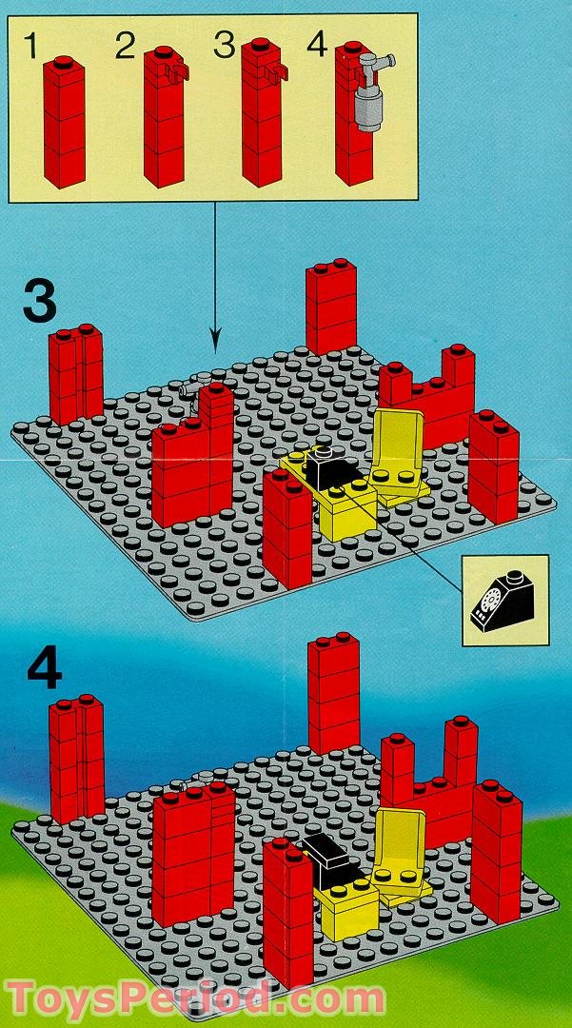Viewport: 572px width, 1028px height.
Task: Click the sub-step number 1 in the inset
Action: point(33,47)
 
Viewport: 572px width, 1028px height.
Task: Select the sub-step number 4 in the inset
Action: point(316,45)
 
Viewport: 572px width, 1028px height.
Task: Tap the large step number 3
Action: point(39,301)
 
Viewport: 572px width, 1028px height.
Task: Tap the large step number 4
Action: point(44,668)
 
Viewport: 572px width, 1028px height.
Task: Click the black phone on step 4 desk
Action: point(327,850)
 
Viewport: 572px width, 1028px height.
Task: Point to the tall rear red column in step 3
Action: point(331,306)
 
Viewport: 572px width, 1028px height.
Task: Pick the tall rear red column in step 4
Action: point(333,692)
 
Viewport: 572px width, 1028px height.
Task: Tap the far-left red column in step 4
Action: point(76,758)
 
